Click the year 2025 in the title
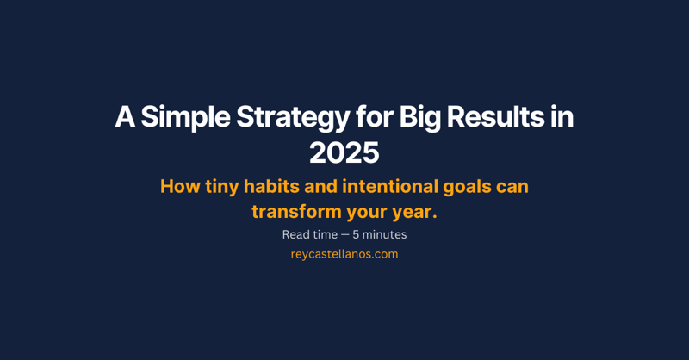[x=344, y=153]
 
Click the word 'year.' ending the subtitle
[x=415, y=211]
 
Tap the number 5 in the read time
[x=356, y=234]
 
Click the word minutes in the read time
[x=385, y=234]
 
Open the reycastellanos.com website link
[x=344, y=254]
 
